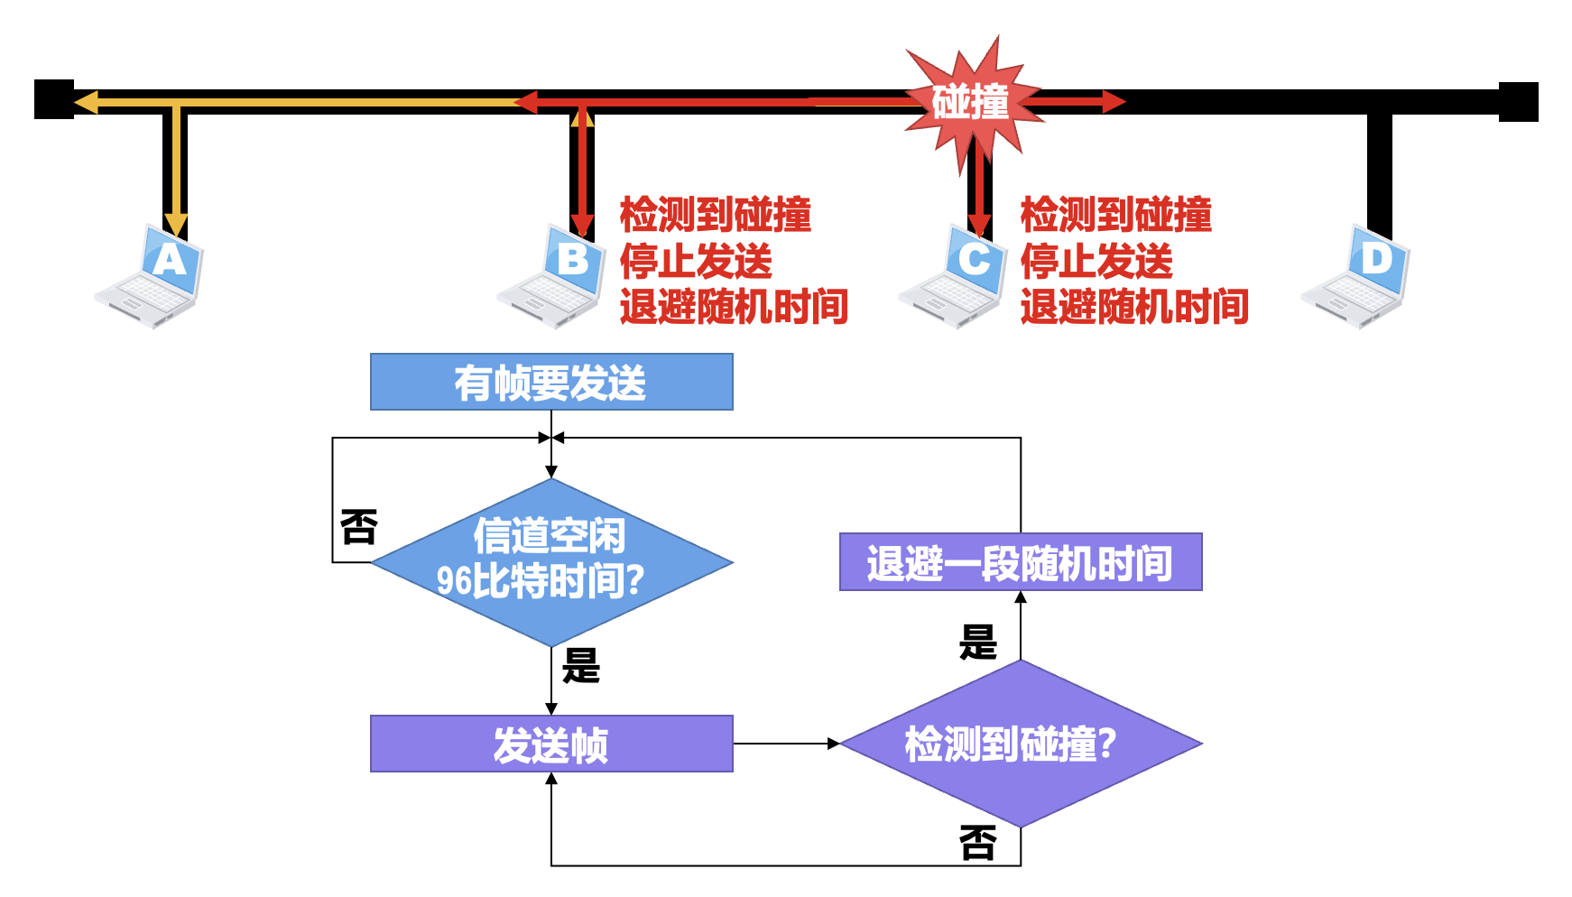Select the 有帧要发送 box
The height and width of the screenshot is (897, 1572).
click(551, 382)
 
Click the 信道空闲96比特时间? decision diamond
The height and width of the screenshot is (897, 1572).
click(551, 561)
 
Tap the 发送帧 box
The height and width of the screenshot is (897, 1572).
click(551, 744)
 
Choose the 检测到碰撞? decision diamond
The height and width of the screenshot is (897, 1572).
click(1021, 744)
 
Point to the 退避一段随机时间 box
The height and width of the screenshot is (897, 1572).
click(1021, 561)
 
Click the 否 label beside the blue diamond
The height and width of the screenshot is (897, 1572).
click(358, 527)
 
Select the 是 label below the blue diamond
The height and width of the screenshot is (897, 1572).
click(581, 666)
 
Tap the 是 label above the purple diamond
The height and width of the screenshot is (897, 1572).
click(977, 643)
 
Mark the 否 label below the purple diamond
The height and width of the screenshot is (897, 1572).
click(977, 843)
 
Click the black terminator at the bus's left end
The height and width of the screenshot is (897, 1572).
click(54, 100)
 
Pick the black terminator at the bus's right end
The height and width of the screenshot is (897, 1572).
click(1518, 102)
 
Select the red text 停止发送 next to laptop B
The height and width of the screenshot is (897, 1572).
click(696, 262)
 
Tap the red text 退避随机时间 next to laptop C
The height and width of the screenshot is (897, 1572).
click(1134, 307)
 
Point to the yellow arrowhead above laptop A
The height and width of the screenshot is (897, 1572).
click(176, 225)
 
